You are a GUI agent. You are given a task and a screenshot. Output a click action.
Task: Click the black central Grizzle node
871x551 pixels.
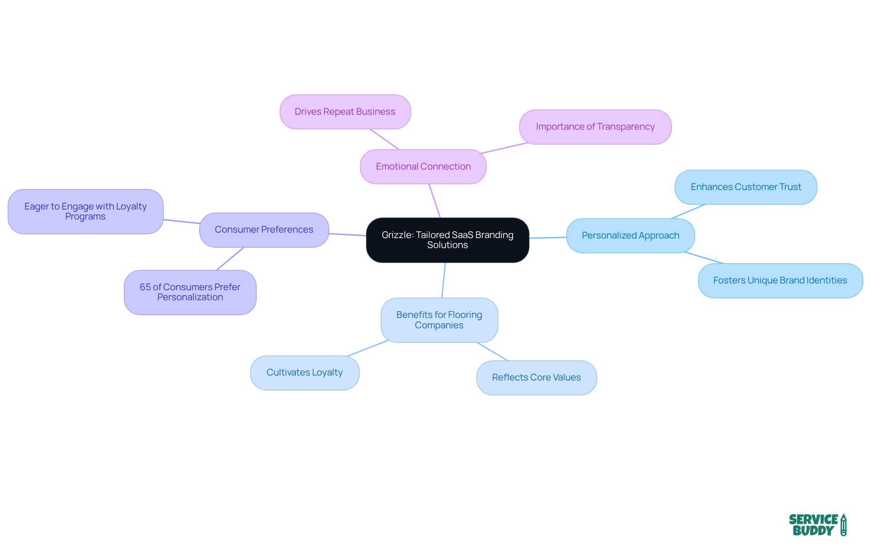pos(447,240)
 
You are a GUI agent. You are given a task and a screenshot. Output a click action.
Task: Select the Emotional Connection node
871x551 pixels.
pos(423,166)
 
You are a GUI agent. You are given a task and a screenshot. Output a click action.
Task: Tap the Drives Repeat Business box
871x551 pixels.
pos(345,112)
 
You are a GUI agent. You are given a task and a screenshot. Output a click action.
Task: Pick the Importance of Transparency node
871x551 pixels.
pos(595,127)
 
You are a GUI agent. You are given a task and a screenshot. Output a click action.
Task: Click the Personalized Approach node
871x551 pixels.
pos(630,235)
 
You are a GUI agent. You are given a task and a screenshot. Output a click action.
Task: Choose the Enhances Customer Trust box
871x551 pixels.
pos(745,187)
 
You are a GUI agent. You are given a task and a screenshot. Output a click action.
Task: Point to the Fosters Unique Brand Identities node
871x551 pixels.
pos(780,280)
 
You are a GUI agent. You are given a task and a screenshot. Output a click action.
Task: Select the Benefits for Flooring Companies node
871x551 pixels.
pos(439,320)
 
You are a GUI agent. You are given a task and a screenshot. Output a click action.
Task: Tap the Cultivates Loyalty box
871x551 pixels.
pos(304,372)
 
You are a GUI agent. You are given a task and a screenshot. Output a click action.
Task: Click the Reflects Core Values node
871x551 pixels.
pos(536,377)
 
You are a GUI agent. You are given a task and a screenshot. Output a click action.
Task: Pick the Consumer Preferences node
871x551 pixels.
pos(264,229)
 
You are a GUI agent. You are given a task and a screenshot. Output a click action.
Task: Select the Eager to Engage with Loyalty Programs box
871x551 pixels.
pos(85,211)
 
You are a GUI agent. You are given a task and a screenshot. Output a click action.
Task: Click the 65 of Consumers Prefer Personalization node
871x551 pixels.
pos(190,292)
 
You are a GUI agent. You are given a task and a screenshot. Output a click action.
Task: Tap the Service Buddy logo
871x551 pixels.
pos(817,525)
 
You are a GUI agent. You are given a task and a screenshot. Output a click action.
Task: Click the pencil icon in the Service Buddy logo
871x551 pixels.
pos(843,525)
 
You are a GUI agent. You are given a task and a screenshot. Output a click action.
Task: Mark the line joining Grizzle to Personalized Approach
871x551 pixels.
pos(548,238)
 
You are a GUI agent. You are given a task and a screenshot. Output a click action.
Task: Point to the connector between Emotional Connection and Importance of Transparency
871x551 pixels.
pos(504,148)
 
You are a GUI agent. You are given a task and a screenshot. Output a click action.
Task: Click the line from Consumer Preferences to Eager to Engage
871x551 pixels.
pos(181,221)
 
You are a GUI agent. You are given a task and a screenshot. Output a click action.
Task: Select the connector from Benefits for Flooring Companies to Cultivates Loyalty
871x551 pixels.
pos(368,348)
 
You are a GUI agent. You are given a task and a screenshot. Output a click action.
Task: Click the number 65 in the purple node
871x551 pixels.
pos(145,287)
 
